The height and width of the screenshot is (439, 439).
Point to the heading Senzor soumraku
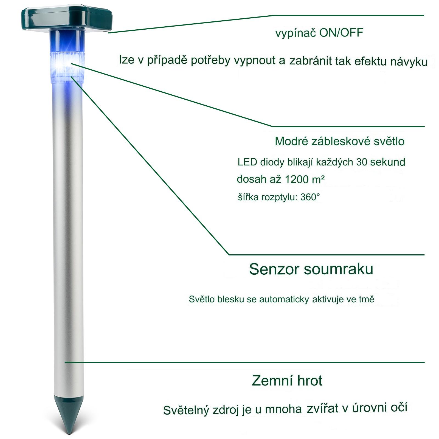[x=311, y=269]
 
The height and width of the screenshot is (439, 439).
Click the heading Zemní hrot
[x=287, y=381]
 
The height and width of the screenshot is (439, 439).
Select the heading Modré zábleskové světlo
[x=339, y=141]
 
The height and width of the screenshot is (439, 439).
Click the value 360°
[x=310, y=197]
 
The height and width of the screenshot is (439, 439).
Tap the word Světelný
[x=186, y=410]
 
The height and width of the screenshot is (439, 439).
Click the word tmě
[x=367, y=299]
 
